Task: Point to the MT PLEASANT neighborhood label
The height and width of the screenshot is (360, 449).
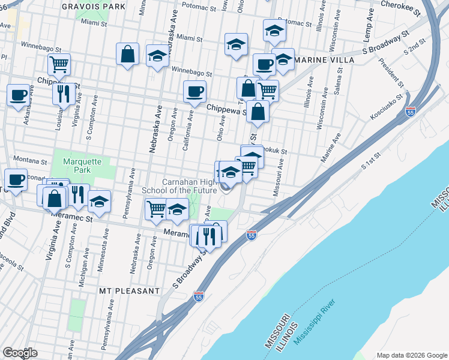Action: pyautogui.click(x=129, y=290)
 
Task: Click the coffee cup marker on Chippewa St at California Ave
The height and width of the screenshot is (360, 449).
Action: pyautogui.click(x=194, y=92)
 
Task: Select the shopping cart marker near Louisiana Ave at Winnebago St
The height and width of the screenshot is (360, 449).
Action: pyautogui.click(x=59, y=63)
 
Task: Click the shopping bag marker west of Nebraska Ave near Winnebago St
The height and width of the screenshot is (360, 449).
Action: pyautogui.click(x=127, y=54)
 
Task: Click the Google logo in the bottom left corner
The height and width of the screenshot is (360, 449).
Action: pyautogui.click(x=19, y=353)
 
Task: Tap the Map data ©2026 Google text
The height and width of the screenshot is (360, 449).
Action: pyautogui.click(x=411, y=355)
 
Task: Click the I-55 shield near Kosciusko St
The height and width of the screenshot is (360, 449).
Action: pyautogui.click(x=411, y=112)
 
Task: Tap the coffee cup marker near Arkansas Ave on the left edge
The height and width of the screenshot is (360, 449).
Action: pyautogui.click(x=18, y=94)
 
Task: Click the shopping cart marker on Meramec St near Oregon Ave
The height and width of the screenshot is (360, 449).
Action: pyautogui.click(x=156, y=209)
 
